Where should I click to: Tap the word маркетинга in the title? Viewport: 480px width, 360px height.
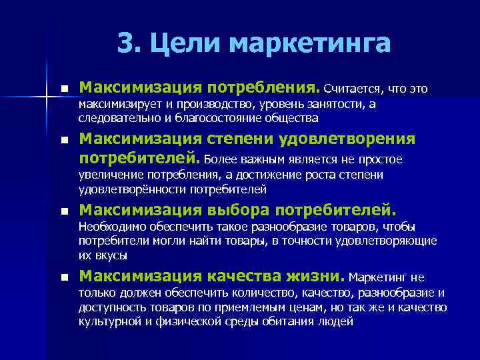[x=309, y=44]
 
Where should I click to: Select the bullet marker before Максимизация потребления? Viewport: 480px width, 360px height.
[x=64, y=89]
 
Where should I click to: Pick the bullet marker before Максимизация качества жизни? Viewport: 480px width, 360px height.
[x=64, y=277]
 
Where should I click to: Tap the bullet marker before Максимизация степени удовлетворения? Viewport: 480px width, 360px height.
[x=64, y=141]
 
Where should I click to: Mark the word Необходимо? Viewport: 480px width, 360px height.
[x=111, y=227]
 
